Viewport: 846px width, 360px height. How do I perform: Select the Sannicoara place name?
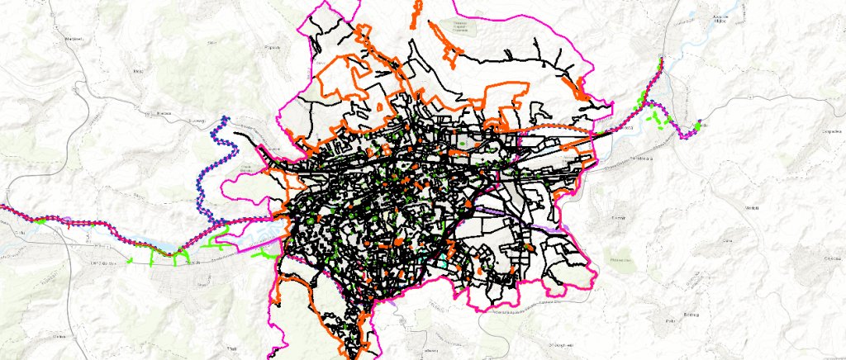(x=642, y=157)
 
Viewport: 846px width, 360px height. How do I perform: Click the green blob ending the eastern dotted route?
(x=698, y=126)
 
